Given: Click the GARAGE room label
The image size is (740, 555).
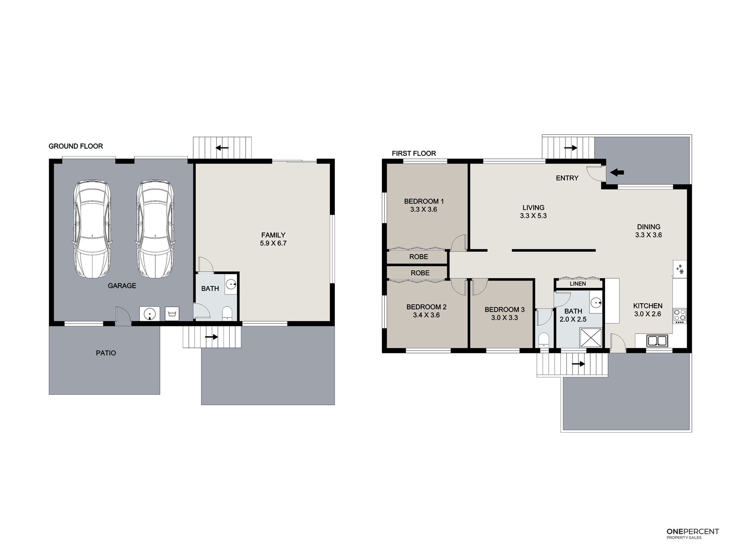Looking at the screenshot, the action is [122, 286].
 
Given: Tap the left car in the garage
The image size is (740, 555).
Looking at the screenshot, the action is [92, 229].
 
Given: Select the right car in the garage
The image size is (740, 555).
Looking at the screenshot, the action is [155, 229].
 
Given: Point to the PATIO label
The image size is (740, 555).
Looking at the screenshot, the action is [106, 353].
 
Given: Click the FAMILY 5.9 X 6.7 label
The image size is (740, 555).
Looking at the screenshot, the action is [273, 239].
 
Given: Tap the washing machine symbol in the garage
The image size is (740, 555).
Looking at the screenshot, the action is [172, 313].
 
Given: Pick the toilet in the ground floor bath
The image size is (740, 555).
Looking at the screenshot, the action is [227, 313].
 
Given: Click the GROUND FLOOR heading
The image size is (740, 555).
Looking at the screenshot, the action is [76, 146].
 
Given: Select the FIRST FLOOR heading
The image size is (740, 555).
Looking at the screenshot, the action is [414, 153].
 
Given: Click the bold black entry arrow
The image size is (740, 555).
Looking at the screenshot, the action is [617, 172].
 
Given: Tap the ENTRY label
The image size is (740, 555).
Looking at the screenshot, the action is [567, 178].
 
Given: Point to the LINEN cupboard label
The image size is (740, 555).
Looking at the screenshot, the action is [578, 284].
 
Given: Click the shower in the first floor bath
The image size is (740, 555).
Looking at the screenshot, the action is [591, 337].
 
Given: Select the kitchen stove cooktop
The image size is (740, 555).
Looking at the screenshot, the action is [680, 315].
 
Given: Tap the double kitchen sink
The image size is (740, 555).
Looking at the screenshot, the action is [657, 340].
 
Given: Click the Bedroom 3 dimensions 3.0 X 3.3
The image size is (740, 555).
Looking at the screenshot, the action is [505, 318].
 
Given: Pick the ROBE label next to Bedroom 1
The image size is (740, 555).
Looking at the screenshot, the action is [419, 257].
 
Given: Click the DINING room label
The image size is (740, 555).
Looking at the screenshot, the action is [649, 227].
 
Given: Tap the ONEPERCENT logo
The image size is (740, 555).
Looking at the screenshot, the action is [693, 534].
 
